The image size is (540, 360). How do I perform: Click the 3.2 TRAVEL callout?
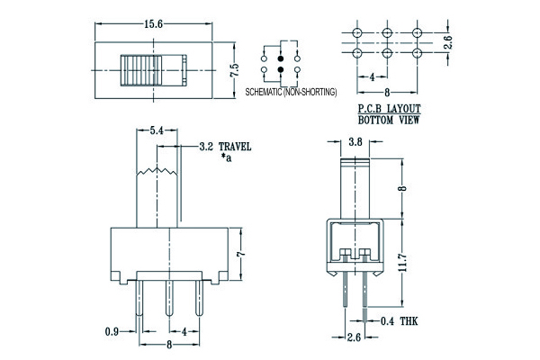[224, 145]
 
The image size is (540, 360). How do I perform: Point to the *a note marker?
[225, 157]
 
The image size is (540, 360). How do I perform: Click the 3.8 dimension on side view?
[355, 141]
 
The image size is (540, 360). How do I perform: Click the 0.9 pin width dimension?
[111, 332]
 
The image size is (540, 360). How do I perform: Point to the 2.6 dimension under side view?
[355, 337]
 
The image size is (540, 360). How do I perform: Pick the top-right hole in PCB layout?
[417, 33]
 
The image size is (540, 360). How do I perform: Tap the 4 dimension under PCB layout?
[373, 76]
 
